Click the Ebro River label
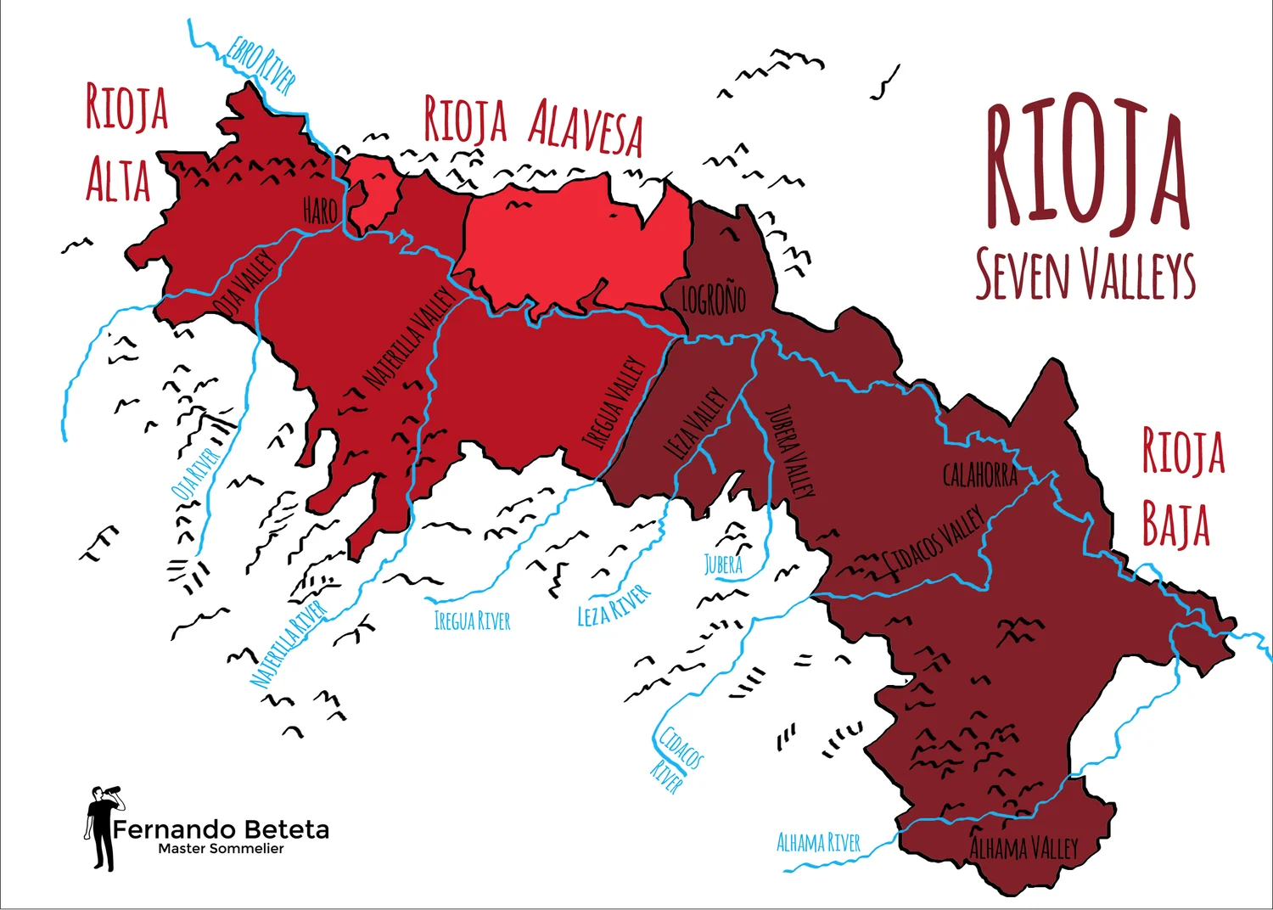coord(261,65)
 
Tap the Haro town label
coord(320,211)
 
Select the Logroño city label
coord(714,300)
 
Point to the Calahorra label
coord(980,475)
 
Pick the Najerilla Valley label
coord(410,338)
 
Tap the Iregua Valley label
coord(614,402)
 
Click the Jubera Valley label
coord(791,451)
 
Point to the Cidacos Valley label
coord(935,540)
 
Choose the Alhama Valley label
coord(1023,847)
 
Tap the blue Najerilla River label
coord(289,643)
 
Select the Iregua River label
coord(473,621)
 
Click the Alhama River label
coord(818,843)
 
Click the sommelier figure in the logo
coord(103,827)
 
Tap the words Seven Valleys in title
coord(1085,274)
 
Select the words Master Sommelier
coord(221,849)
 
